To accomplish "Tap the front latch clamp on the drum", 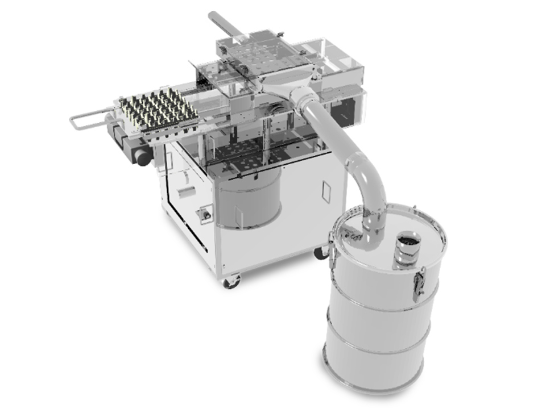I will pos(419,285).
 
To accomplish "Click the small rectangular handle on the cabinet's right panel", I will pos(325,191).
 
